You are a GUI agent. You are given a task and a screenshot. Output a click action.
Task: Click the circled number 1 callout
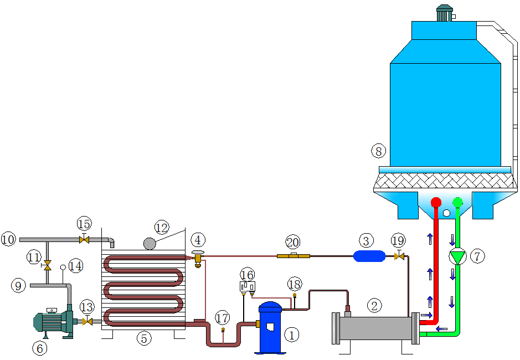(x=291, y=334)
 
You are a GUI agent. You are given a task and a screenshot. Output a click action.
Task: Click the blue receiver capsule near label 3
(x=369, y=255)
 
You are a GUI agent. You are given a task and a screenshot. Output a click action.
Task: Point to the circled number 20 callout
(x=293, y=241)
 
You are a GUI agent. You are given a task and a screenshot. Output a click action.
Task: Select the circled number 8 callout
(x=379, y=150)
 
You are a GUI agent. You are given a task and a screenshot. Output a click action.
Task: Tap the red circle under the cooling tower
(x=436, y=202)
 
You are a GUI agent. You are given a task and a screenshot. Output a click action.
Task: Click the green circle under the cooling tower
(x=457, y=202)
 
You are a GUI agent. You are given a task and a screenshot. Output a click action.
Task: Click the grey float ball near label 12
(x=150, y=243)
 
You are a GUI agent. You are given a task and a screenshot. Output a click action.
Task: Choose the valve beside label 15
(x=84, y=239)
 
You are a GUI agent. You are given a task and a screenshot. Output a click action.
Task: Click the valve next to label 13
(x=87, y=322)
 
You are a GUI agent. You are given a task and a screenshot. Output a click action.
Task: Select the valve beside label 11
(x=47, y=265)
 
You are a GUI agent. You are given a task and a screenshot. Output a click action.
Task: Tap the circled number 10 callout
(x=8, y=239)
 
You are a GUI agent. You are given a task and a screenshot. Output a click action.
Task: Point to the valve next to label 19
(x=398, y=256)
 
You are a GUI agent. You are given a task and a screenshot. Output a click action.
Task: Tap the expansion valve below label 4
(x=198, y=259)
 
